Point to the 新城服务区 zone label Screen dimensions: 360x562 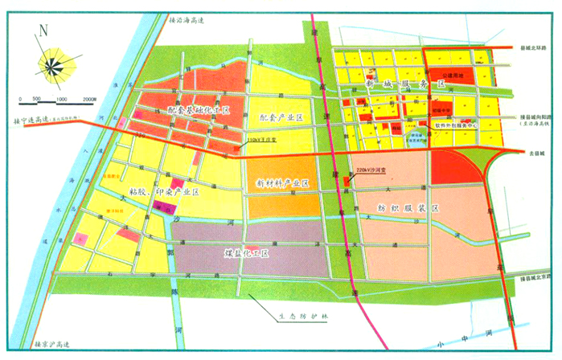pyautogui.click(x=404, y=84)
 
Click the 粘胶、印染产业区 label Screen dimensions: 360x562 pyautogui.click(x=163, y=192)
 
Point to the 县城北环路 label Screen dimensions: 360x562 pyautogui.click(x=532, y=48)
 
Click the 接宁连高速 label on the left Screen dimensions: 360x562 pyautogui.click(x=28, y=121)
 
